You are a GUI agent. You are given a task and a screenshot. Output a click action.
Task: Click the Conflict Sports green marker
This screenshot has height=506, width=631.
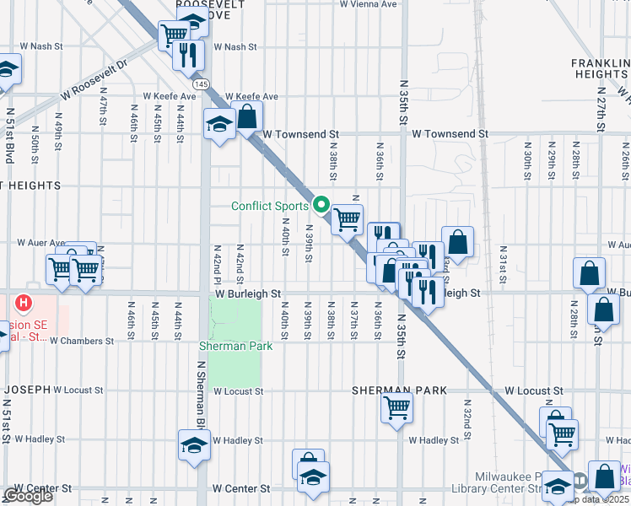click(321, 205)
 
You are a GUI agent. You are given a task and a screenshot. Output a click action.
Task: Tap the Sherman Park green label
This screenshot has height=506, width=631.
click(235, 347)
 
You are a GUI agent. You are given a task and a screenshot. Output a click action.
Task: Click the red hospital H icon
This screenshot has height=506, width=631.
click(24, 302)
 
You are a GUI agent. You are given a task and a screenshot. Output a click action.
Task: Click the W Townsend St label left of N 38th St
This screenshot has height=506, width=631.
click(299, 134)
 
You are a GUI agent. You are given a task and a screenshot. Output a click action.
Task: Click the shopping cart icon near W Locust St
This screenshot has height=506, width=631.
click(396, 408)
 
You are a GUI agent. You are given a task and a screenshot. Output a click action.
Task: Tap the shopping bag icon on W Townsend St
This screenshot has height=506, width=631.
click(247, 116)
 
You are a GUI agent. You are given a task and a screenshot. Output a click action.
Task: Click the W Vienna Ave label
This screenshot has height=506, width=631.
click(368, 4)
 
